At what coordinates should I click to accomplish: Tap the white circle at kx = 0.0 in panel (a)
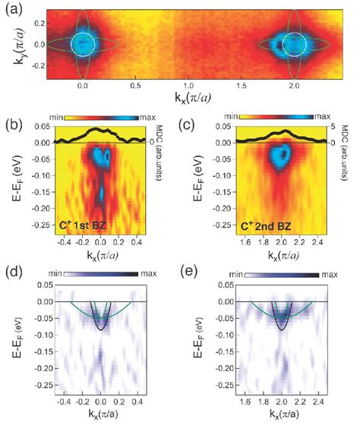pos(83,45)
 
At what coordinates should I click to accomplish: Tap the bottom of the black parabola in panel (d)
pos(102,329)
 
